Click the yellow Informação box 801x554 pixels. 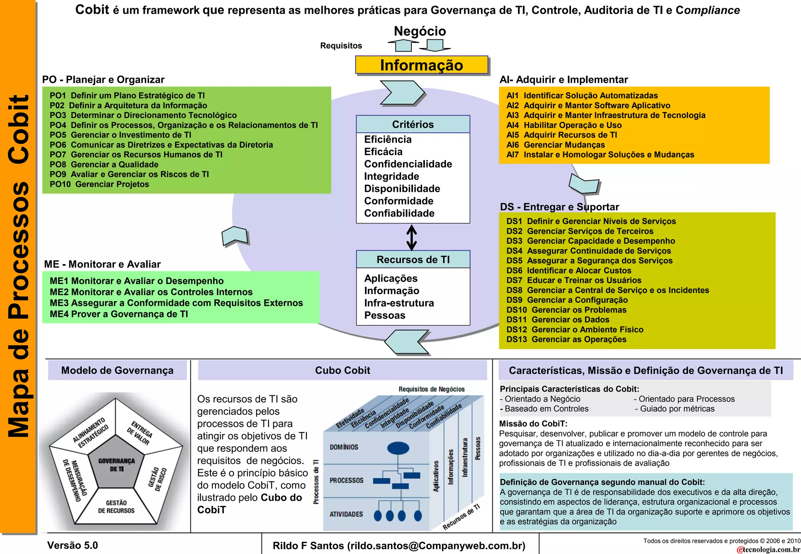click(x=421, y=65)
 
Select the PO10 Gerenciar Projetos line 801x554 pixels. click(x=99, y=184)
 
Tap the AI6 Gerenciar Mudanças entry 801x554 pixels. click(x=555, y=145)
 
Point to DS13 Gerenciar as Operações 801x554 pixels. click(x=566, y=340)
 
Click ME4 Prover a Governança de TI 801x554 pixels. click(x=119, y=314)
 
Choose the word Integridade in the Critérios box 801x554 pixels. click(x=391, y=176)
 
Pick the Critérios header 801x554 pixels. click(x=413, y=124)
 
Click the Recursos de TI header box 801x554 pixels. click(x=413, y=259)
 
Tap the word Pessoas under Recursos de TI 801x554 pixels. click(x=384, y=315)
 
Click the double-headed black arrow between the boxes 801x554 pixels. click(x=411, y=237)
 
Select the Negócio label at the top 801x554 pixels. click(x=420, y=31)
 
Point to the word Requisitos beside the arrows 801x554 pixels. click(x=341, y=46)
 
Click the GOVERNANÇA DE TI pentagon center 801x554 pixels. click(x=116, y=465)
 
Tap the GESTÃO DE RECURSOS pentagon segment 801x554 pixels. click(x=116, y=507)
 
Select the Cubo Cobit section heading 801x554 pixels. click(x=342, y=370)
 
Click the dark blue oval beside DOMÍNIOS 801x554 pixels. click(x=398, y=448)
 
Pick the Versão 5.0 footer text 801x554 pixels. click(x=72, y=545)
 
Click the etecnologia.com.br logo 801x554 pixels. click(x=768, y=549)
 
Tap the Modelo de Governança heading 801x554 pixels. click(x=117, y=370)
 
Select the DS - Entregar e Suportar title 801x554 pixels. click(x=559, y=207)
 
